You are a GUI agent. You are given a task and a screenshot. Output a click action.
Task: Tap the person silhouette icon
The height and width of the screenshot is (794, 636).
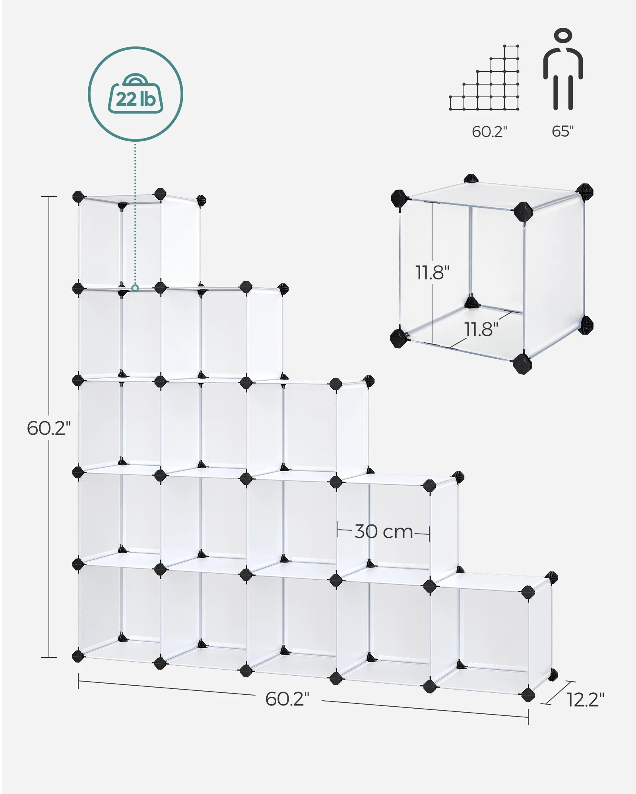(563, 69)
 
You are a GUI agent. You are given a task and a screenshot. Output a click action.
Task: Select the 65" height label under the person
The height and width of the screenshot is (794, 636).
(562, 131)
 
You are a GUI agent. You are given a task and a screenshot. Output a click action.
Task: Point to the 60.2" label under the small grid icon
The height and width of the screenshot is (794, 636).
(489, 132)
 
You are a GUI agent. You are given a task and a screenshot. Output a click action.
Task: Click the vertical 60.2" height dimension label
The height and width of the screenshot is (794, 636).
(48, 428)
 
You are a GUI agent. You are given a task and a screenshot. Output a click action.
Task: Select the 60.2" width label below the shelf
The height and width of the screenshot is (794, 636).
(287, 699)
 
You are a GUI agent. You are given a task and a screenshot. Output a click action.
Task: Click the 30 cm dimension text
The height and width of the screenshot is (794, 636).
(384, 532)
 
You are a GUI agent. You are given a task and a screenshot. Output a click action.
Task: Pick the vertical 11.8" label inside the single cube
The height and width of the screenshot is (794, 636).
(432, 272)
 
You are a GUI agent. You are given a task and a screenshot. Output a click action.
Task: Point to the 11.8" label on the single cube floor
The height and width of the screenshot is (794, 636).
(481, 329)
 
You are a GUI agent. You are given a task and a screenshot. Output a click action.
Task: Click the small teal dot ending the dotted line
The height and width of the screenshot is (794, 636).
(135, 288)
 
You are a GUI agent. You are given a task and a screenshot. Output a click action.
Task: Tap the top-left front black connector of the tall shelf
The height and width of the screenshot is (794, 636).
(78, 197)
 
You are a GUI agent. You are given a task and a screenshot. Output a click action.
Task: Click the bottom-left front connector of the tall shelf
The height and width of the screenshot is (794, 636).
(78, 655)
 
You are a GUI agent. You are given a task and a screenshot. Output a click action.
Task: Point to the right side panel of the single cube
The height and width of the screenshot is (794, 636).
(555, 274)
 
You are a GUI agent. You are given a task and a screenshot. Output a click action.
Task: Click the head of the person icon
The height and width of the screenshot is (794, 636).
(563, 35)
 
